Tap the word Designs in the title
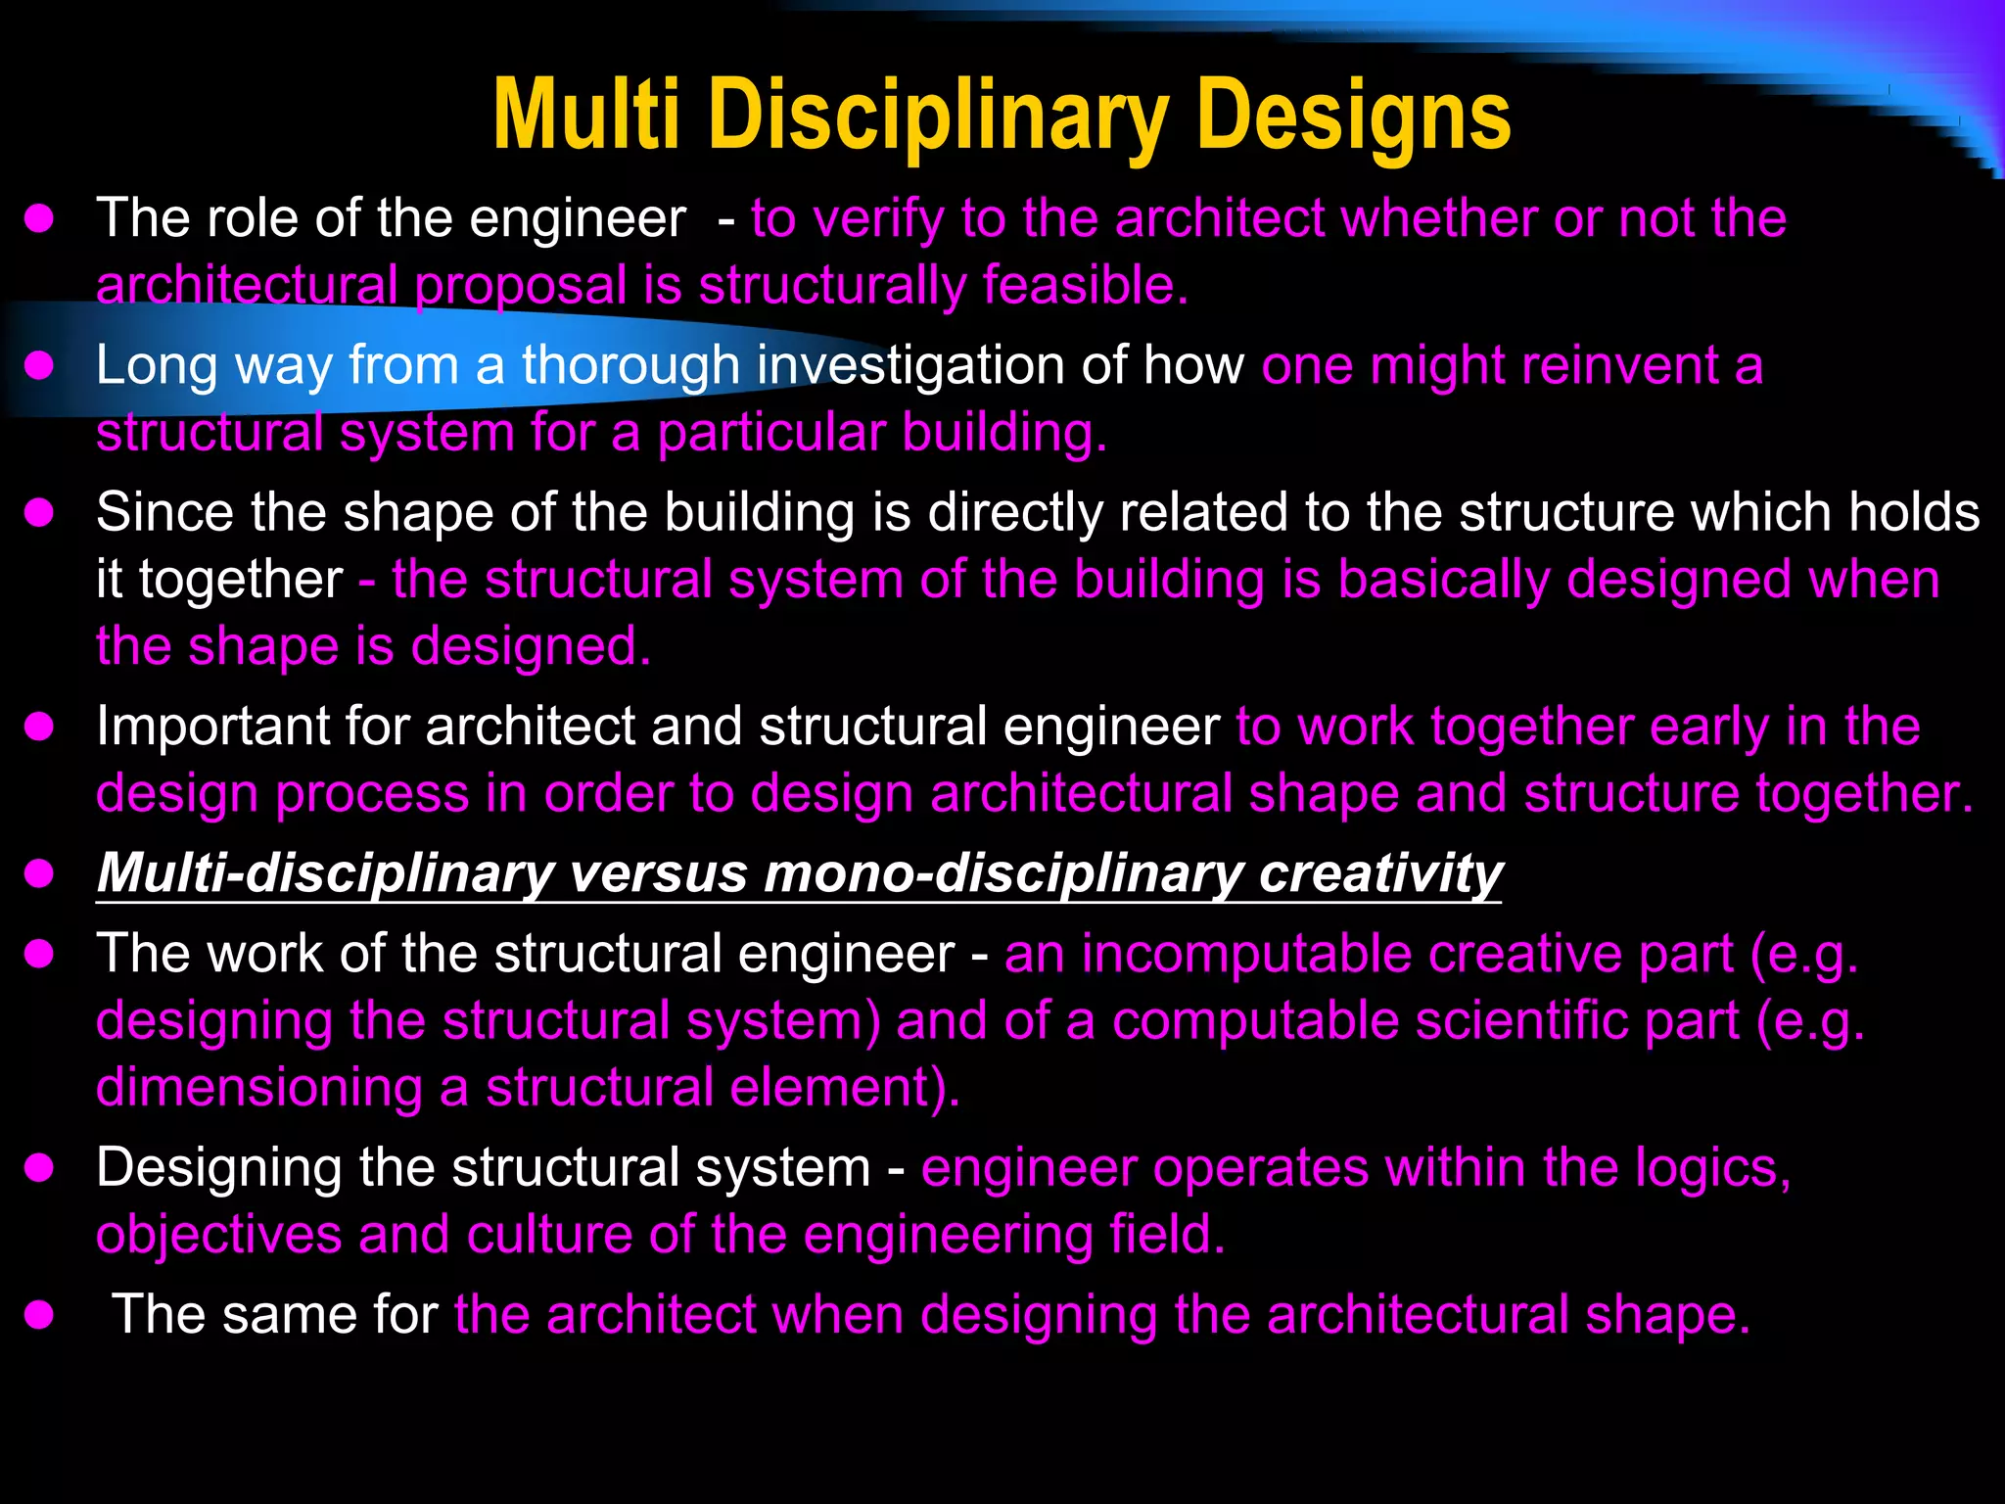1352,117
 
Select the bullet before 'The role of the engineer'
39,218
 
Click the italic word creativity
1380,872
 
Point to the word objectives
218,1235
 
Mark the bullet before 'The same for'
39,1314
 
